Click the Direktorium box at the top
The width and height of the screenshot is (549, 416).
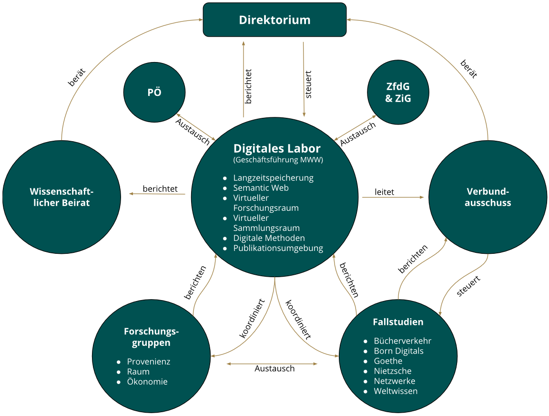(274, 20)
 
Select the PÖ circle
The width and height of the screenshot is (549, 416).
(154, 92)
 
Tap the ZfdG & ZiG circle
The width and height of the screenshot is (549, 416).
(398, 93)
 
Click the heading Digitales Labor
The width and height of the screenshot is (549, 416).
(277, 148)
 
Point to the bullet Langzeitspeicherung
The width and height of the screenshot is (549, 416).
(273, 178)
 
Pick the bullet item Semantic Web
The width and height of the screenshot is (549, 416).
(261, 188)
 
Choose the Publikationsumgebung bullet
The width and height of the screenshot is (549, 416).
(278, 248)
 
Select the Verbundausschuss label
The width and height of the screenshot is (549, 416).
(488, 197)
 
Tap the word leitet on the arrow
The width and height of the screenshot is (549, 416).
(384, 192)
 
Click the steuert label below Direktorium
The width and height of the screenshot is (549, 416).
(308, 85)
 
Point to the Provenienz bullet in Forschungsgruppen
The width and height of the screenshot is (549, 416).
(148, 362)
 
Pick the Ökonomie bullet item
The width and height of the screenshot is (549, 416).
(147, 382)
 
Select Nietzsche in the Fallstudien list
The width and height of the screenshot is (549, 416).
(393, 371)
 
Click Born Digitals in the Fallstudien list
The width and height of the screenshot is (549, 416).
(398, 351)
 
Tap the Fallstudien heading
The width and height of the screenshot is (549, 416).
(398, 322)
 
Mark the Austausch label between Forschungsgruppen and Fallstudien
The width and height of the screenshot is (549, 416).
(274, 369)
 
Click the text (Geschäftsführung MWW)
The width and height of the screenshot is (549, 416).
(278, 160)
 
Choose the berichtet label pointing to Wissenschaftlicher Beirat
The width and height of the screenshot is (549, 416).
(160, 189)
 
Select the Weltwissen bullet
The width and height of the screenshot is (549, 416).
(396, 391)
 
